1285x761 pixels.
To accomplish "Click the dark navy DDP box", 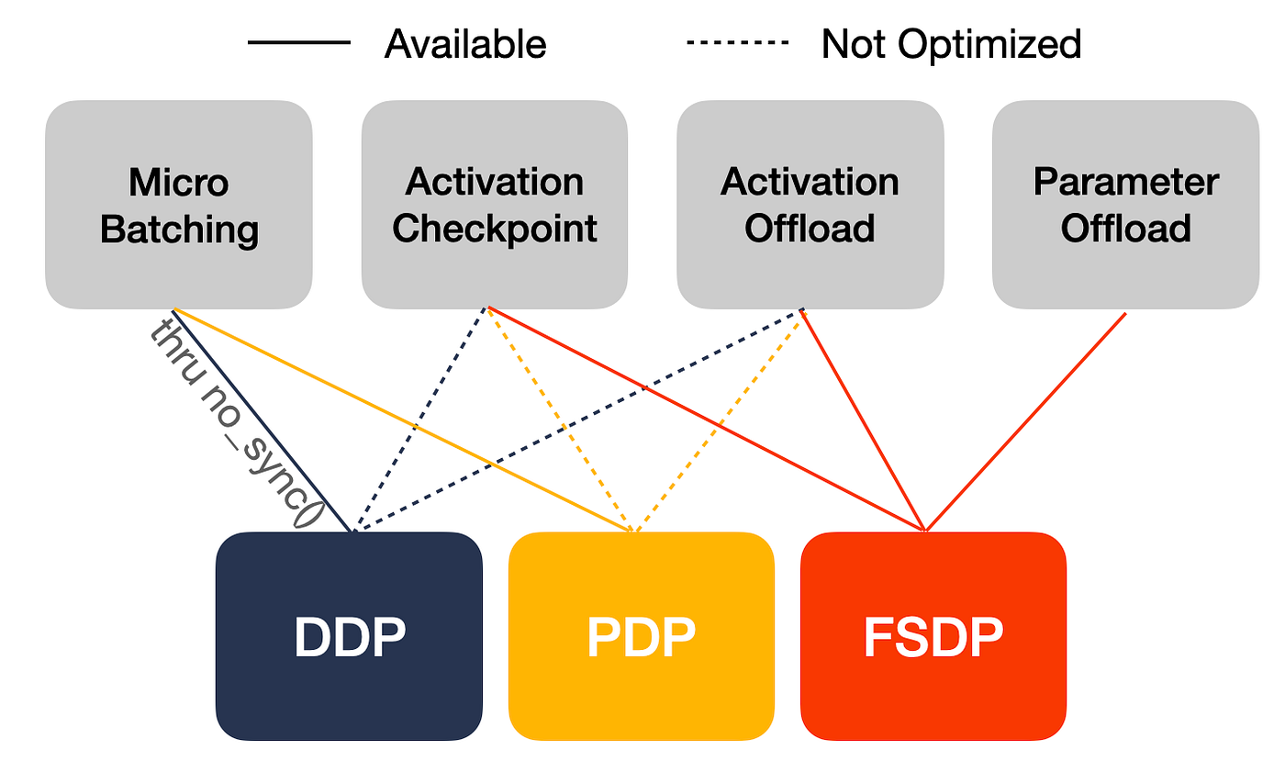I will (349, 636).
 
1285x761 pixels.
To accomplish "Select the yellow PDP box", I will (642, 636).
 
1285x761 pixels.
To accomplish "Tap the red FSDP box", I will (933, 636).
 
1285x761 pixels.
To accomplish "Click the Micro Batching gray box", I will (179, 205).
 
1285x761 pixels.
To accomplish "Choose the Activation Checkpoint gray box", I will (495, 205).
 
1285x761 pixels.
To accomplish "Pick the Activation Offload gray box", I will (810, 205).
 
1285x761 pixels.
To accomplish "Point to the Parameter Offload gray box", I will (1125, 205).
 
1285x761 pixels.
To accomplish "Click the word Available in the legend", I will (465, 43).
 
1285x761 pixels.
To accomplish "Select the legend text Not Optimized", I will (951, 43).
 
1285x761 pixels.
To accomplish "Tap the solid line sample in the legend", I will (299, 42).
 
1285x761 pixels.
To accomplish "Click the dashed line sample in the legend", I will (737, 42).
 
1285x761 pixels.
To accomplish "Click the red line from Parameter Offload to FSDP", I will (1026, 421).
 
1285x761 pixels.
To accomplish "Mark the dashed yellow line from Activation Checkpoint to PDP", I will (560, 420).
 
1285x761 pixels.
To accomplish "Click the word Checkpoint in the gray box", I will (495, 228).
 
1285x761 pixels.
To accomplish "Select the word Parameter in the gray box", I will (1125, 182).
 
